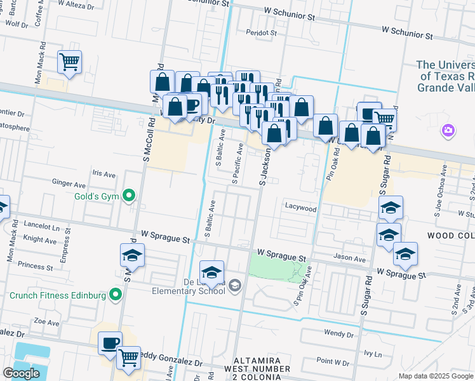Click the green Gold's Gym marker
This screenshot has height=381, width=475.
click(130, 196)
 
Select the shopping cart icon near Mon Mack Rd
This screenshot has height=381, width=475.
click(69, 62)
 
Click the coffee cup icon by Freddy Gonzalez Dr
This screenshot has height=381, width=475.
click(110, 343)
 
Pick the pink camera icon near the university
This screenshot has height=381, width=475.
click(448, 131)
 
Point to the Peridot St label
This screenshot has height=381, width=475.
click(262, 32)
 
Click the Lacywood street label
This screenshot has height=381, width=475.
click(300, 208)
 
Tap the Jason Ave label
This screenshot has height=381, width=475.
click(350, 259)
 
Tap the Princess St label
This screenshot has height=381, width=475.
click(36, 265)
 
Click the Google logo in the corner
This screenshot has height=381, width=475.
click(22, 373)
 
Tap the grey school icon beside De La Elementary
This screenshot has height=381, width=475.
click(235, 286)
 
